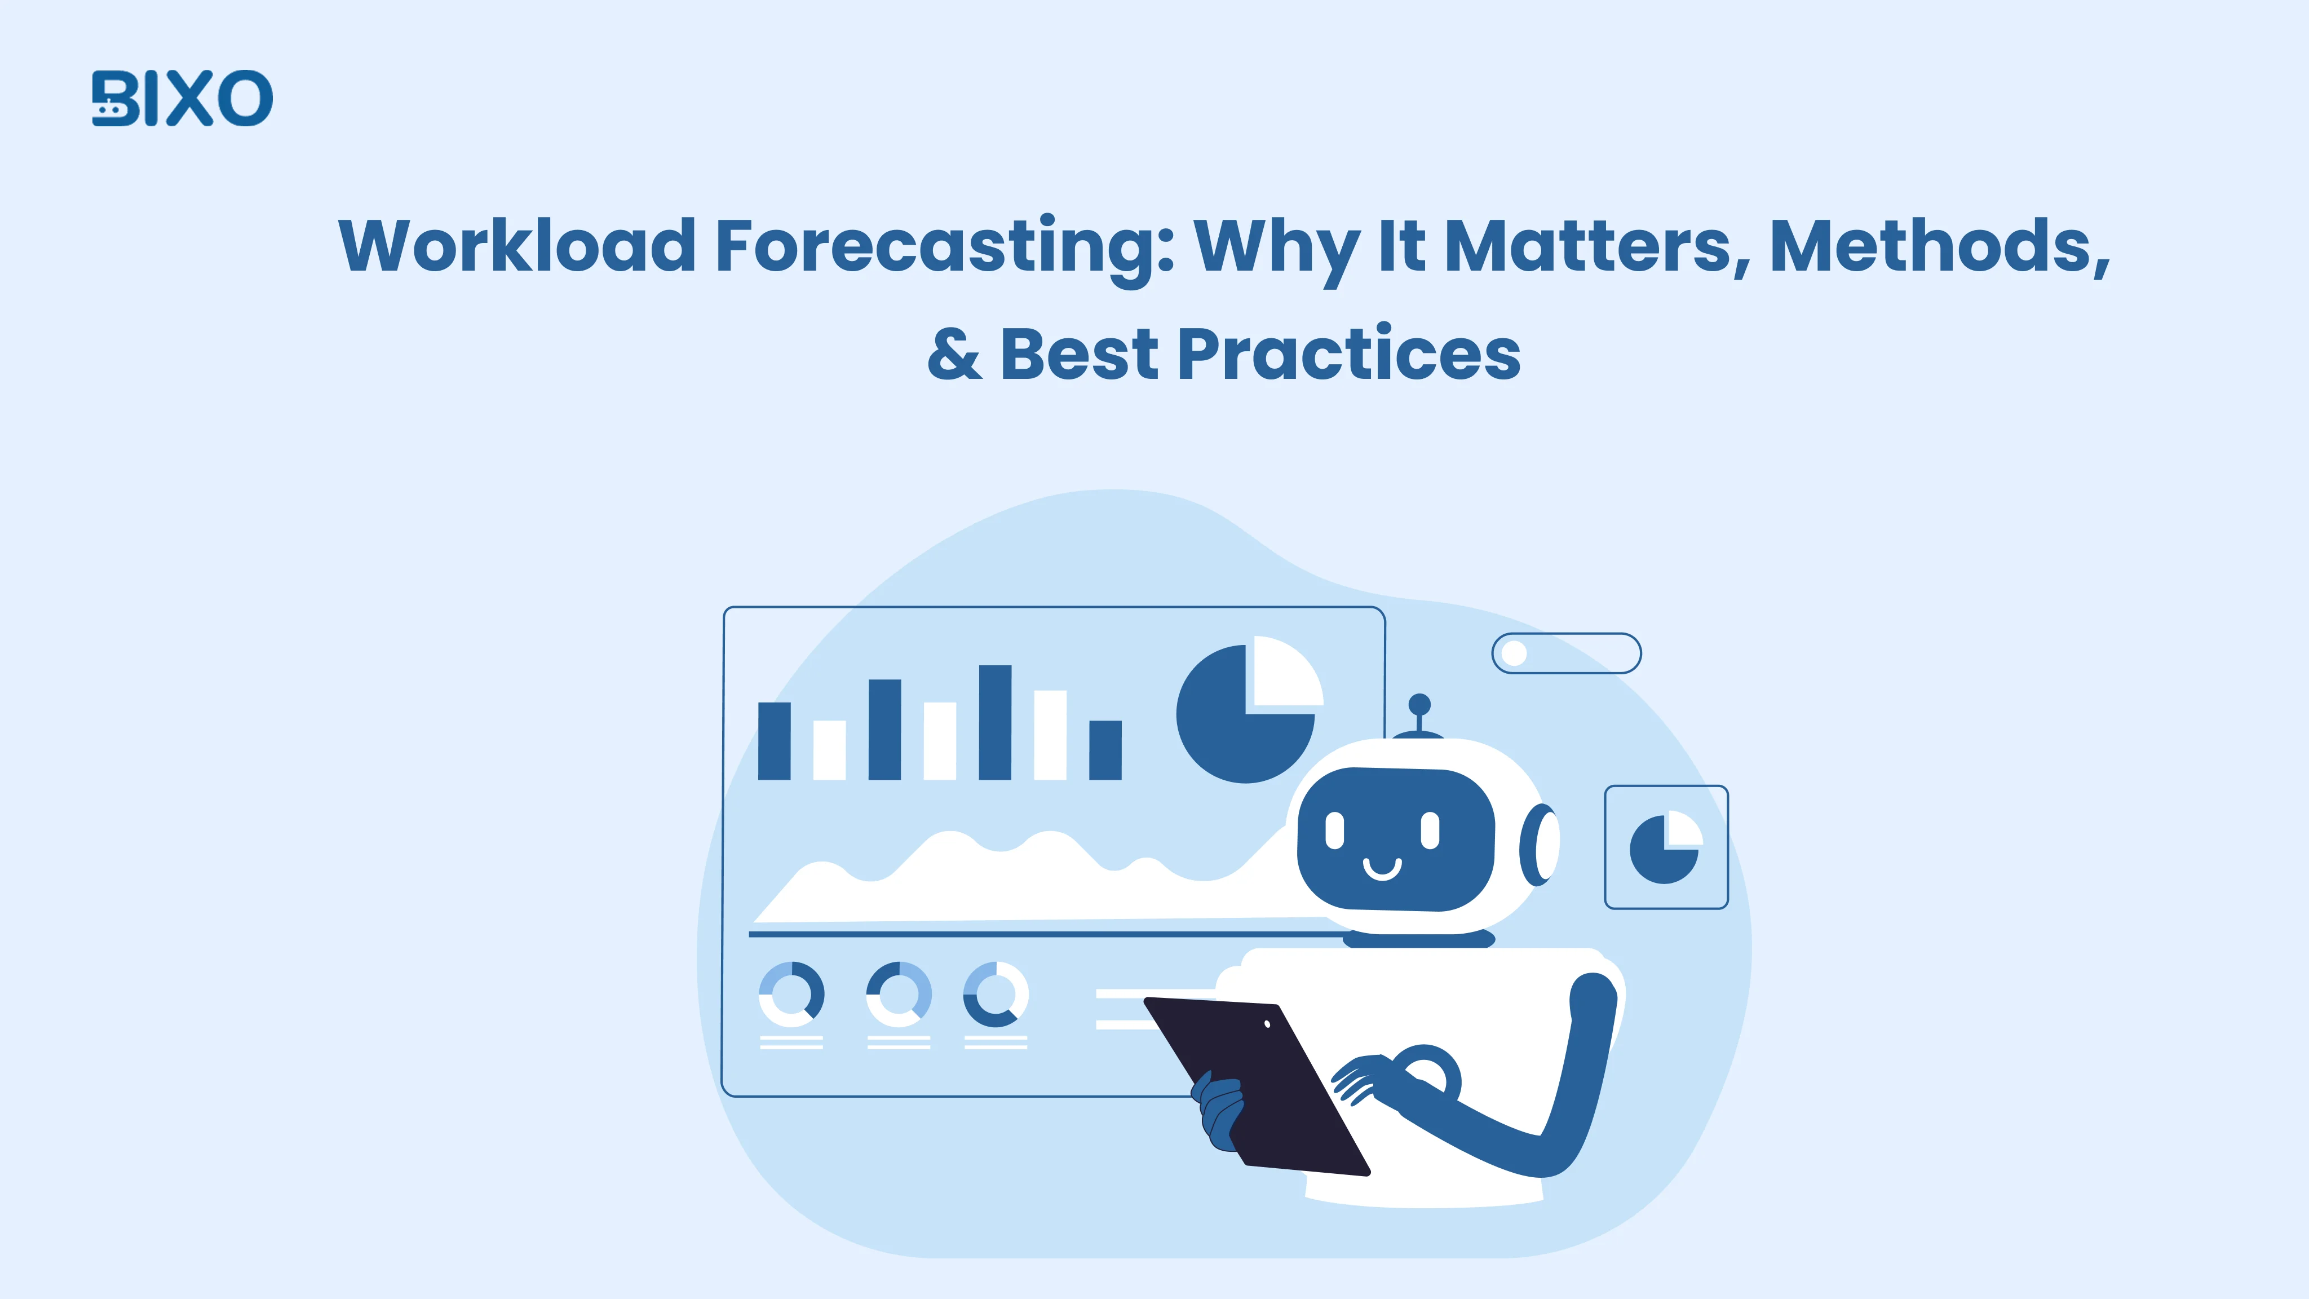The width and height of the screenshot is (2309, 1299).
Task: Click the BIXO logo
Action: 182,99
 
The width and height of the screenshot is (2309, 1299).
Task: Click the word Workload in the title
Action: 517,246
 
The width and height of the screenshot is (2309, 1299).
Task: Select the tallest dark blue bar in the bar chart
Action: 995,723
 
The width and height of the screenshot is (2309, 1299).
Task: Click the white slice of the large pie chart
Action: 1284,673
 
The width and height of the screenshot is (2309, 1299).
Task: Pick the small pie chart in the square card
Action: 1665,847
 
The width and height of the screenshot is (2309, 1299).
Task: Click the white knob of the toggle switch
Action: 1514,653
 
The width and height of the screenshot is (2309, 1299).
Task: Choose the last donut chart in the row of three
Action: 995,994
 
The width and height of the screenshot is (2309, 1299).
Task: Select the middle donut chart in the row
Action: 898,994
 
